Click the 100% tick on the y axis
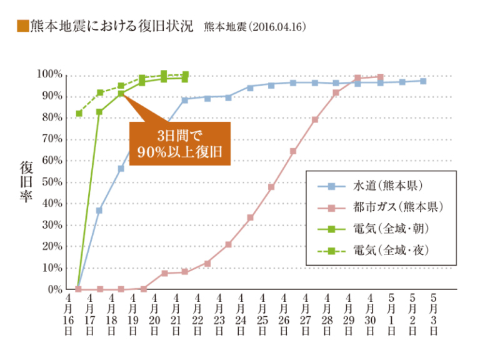(x=51, y=75)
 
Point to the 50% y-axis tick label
(x=52, y=182)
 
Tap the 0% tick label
(x=55, y=290)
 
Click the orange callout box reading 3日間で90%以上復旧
(x=180, y=143)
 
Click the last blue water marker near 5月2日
(x=423, y=81)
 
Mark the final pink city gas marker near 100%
(x=380, y=77)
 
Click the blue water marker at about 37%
(x=99, y=211)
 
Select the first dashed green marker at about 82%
(x=79, y=113)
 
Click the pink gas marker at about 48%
(x=271, y=187)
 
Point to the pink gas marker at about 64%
(x=292, y=151)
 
